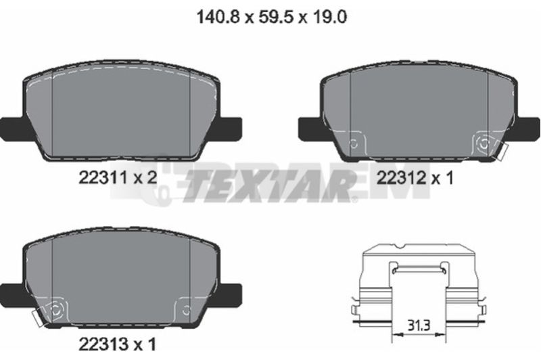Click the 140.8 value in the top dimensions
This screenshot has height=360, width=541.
(x=218, y=16)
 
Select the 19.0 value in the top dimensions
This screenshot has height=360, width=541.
(x=329, y=16)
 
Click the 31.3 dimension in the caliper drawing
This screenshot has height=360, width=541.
(x=419, y=325)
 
